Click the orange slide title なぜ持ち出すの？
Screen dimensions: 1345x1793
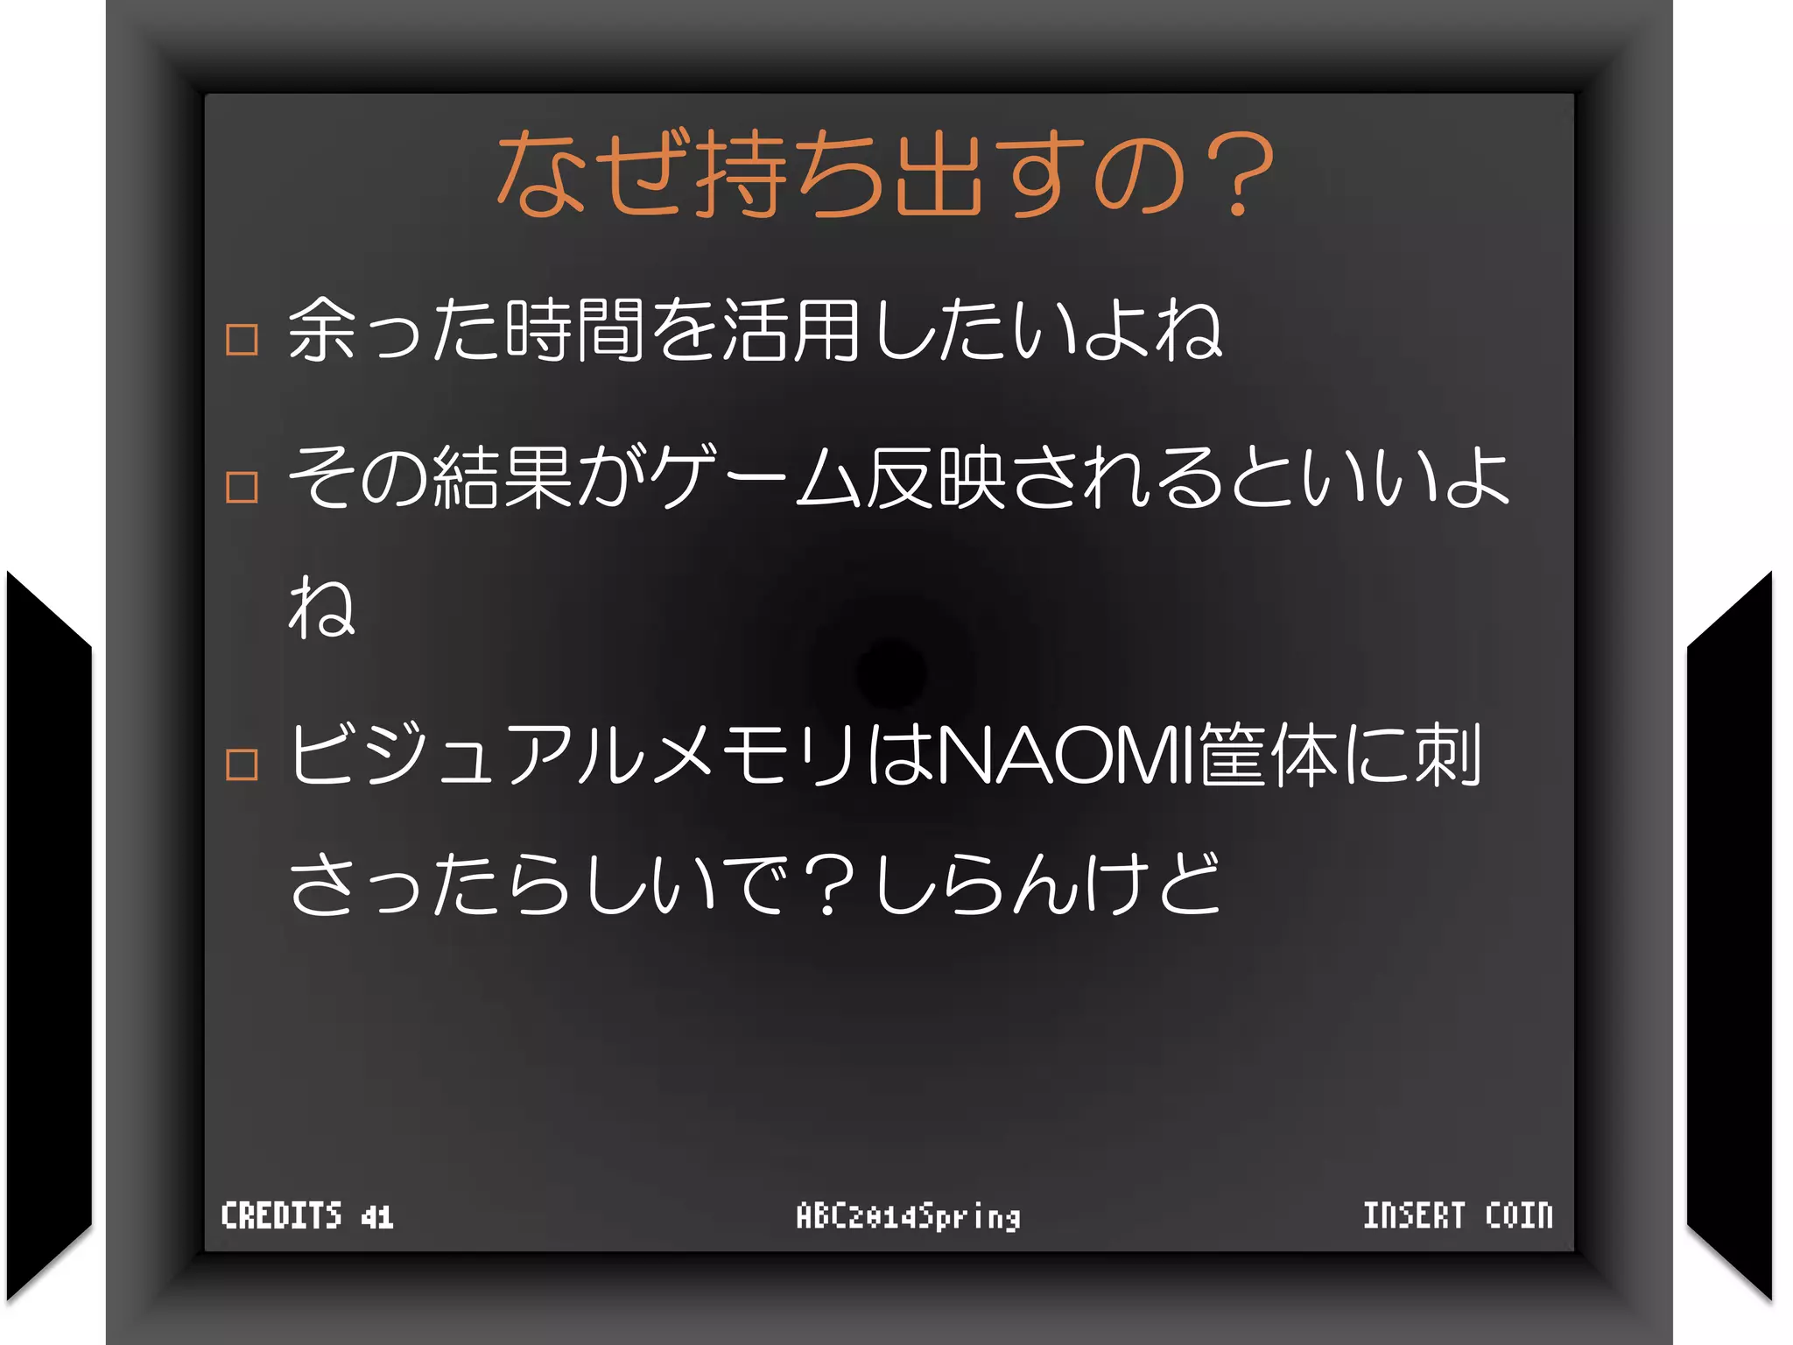(884, 173)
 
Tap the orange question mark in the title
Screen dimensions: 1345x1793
(1237, 173)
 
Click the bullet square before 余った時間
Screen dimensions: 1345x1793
(242, 339)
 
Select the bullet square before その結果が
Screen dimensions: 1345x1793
(242, 487)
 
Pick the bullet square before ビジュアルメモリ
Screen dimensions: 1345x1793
(242, 764)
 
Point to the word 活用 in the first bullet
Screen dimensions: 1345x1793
(791, 330)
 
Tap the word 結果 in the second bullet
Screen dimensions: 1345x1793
(503, 477)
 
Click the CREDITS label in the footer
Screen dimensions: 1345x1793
(281, 1216)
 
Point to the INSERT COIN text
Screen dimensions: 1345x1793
(1458, 1215)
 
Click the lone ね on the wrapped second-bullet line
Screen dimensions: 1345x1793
(321, 606)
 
